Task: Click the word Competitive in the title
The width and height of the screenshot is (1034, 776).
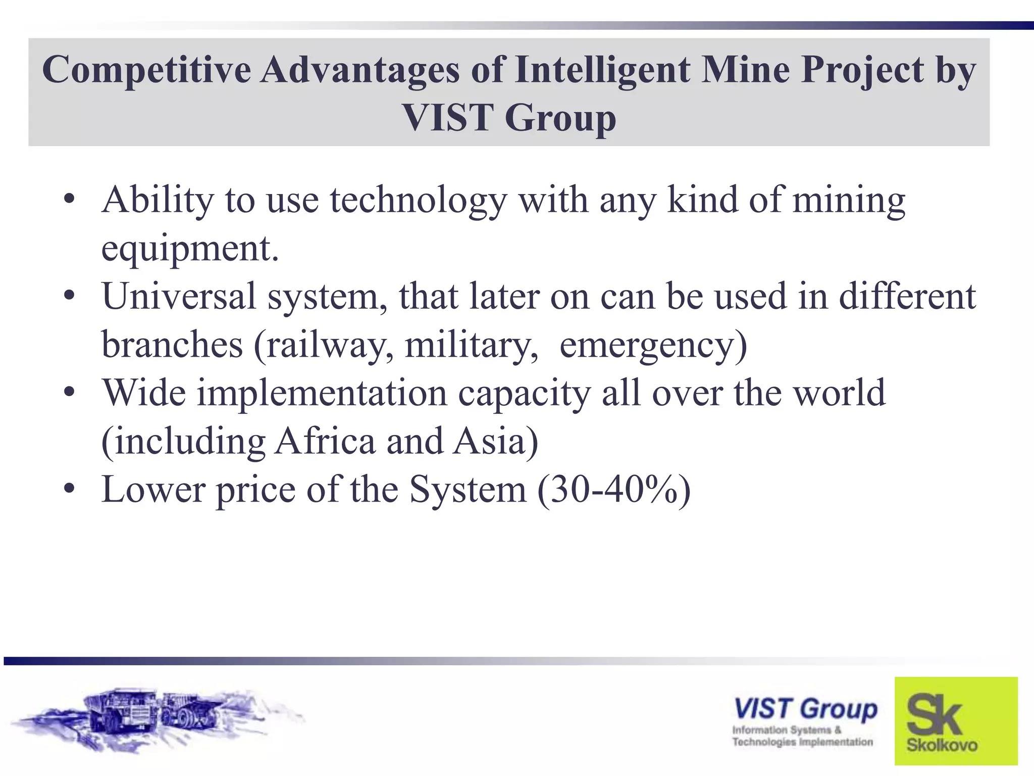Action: tap(146, 70)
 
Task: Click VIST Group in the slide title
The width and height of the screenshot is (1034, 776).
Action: tap(509, 117)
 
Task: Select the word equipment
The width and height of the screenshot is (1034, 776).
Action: tap(189, 249)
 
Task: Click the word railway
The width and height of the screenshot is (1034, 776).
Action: tap(329, 345)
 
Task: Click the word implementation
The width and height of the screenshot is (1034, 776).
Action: tap(322, 393)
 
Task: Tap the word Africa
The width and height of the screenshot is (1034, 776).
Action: tap(325, 441)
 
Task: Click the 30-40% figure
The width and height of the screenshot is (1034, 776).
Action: tap(613, 490)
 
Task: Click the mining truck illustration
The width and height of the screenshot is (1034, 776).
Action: tap(157, 717)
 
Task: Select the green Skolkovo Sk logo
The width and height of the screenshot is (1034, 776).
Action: tap(956, 720)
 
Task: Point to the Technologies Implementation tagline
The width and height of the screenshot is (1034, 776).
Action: tap(802, 742)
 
